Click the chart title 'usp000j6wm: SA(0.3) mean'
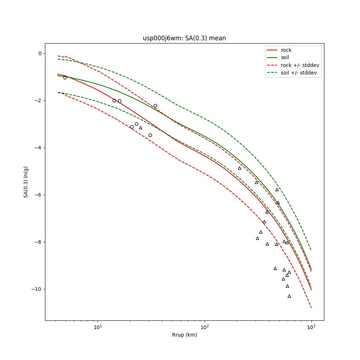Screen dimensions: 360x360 pos(184,38)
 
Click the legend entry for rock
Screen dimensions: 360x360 pos(286,50)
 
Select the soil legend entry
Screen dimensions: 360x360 pos(285,58)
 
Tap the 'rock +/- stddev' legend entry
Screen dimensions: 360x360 pos(300,65)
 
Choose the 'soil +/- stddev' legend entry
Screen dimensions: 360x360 pos(300,73)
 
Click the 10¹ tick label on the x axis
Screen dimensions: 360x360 pos(98,327)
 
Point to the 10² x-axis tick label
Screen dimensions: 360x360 pos(204,327)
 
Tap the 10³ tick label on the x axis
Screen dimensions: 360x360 pos(311,327)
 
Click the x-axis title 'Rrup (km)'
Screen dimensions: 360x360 pos(184,335)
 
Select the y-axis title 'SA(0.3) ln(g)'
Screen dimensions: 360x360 pos(26,182)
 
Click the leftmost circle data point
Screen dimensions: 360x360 pos(65,77)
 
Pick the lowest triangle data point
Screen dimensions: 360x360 pos(289,296)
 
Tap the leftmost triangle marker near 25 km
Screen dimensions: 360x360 pos(140,128)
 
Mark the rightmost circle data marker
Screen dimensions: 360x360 pos(155,105)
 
